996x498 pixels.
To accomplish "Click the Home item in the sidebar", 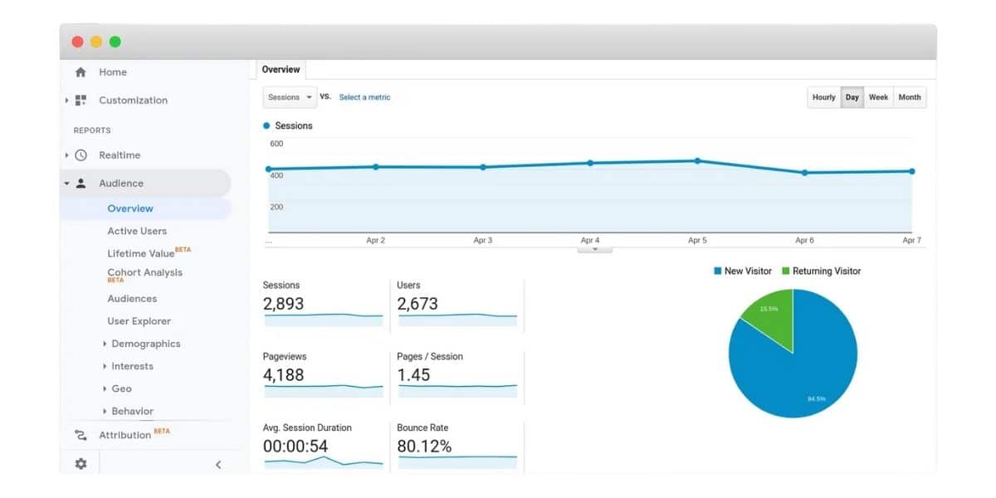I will pyautogui.click(x=112, y=72).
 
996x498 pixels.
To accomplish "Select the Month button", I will pyautogui.click(x=909, y=97).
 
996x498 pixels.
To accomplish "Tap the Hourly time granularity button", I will pyautogui.click(x=823, y=97).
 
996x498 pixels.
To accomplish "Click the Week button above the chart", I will pyautogui.click(x=878, y=97).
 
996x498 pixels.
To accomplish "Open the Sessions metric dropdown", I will pyautogui.click(x=290, y=97).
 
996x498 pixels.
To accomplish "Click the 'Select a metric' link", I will pyautogui.click(x=364, y=97).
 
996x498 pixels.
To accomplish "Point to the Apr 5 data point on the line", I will pyautogui.click(x=697, y=161).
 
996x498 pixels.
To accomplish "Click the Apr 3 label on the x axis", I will pyautogui.click(x=482, y=240).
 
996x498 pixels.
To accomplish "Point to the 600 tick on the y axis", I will pyautogui.click(x=276, y=144).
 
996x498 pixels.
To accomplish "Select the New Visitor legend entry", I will pyautogui.click(x=743, y=271).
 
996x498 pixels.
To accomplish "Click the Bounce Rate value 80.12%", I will pyautogui.click(x=424, y=447).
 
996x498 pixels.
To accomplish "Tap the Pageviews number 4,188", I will pyautogui.click(x=284, y=375).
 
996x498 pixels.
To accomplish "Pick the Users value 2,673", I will pyautogui.click(x=417, y=304).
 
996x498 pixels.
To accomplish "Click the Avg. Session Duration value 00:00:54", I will pyautogui.click(x=295, y=447).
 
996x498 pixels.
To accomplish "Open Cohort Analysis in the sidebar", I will pyautogui.click(x=144, y=273).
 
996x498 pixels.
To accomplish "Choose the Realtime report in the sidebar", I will pyautogui.click(x=120, y=155).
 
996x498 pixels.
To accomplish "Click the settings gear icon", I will pyautogui.click(x=81, y=464).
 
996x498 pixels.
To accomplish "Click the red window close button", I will pyautogui.click(x=77, y=41).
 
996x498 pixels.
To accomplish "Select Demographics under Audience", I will pyautogui.click(x=145, y=344).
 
